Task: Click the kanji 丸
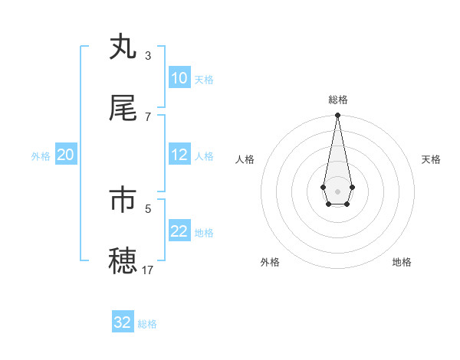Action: coord(123,47)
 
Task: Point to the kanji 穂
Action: coord(123,260)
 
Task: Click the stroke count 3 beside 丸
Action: coord(148,56)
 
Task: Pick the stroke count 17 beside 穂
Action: coord(148,270)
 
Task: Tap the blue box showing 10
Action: coord(179,78)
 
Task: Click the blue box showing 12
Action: coord(179,155)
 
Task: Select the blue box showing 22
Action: coord(179,231)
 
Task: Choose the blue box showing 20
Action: coord(65,155)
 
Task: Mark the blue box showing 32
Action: coord(123,322)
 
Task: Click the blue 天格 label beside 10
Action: coord(203,80)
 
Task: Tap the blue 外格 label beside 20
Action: coord(41,156)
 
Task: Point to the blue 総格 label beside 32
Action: coord(147,324)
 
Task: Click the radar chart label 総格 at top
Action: coord(337,100)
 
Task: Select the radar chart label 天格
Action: coord(432,159)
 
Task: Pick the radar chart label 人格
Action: coord(245,159)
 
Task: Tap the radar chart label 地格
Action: coord(402,262)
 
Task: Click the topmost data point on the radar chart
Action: coord(337,116)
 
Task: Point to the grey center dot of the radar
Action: coord(337,190)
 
